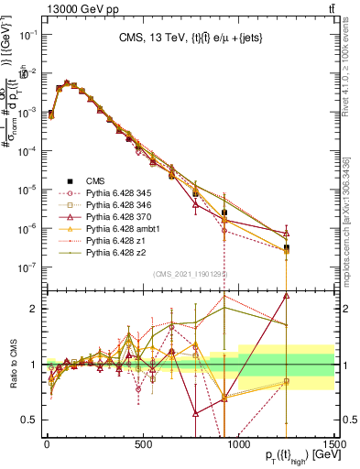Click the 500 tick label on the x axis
(142, 444)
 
